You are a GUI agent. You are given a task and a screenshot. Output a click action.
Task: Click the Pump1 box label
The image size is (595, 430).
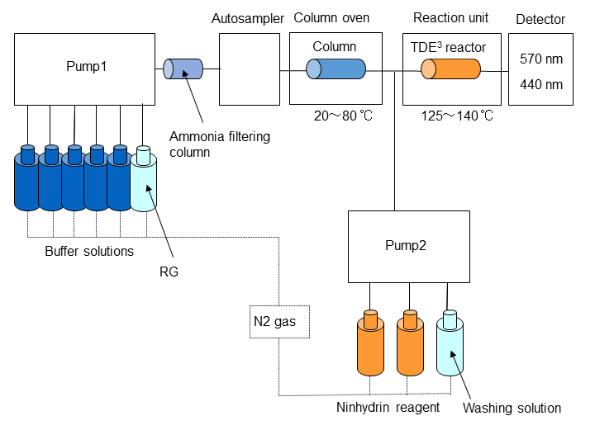click(82, 67)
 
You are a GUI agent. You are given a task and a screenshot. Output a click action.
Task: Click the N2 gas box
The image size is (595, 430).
click(278, 321)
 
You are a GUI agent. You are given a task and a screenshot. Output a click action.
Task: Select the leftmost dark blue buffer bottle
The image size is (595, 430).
click(27, 179)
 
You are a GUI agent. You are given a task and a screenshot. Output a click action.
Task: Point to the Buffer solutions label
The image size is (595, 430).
click(89, 251)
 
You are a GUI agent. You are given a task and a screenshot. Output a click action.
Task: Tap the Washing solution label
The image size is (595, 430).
click(512, 407)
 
